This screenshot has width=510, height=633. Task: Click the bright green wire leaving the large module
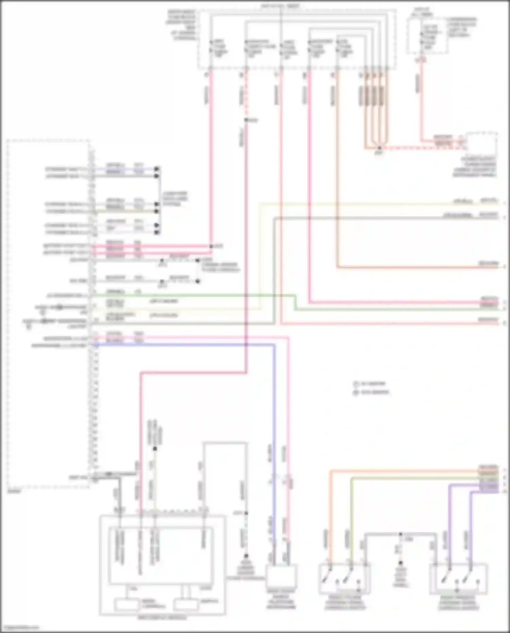(190, 295)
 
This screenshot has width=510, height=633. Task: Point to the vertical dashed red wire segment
(246, 95)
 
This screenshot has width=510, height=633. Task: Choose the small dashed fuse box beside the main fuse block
(427, 36)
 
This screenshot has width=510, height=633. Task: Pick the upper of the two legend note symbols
(356, 384)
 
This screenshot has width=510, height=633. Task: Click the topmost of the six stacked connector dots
(157, 169)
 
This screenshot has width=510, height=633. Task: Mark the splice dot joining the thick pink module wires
(211, 246)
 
